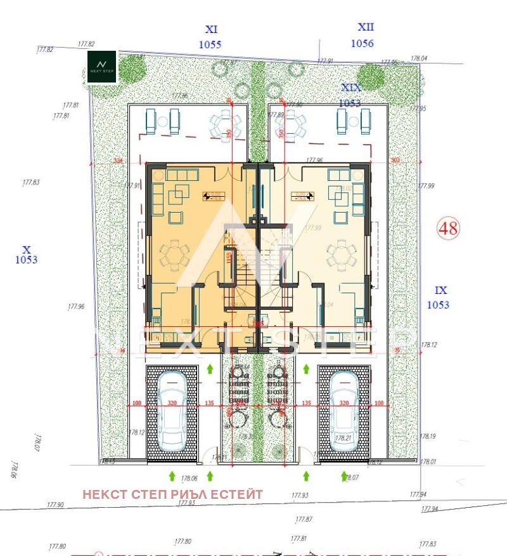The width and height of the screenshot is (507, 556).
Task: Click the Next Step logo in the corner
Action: [101, 66]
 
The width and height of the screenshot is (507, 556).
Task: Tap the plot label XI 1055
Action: [210, 37]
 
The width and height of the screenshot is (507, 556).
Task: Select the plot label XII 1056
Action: [363, 36]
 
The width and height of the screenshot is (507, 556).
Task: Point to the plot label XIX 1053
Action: [350, 95]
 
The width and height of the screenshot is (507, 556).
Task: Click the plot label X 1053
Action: [26, 255]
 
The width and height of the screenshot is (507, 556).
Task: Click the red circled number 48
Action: [449, 228]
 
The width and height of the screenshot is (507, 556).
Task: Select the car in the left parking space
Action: [172, 411]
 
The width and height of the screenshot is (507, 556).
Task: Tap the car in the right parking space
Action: [344, 411]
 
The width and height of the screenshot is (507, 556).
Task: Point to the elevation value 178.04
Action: [419, 58]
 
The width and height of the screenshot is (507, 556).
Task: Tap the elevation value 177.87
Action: [304, 519]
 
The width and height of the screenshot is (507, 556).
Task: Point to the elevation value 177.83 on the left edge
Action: [30, 183]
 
